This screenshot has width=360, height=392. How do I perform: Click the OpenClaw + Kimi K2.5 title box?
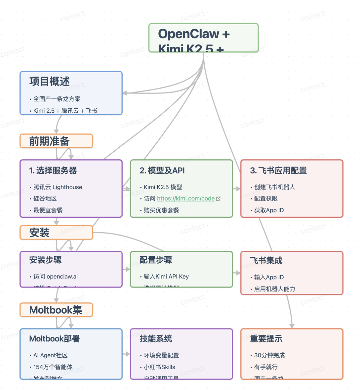pyautogui.click(x=203, y=38)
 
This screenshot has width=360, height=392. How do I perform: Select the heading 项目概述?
pyautogui.click(x=49, y=82)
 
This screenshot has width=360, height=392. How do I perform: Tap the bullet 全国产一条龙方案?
pyautogui.click(x=57, y=99)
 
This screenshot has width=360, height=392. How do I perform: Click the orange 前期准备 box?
pyautogui.click(x=56, y=141)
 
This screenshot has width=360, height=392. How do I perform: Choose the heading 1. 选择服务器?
pyautogui.click(x=53, y=170)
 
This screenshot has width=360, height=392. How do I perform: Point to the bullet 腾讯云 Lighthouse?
pyautogui.click(x=58, y=187)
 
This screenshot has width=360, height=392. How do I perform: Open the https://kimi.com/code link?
pyautogui.click(x=186, y=198)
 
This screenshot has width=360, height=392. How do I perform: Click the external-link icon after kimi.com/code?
pyautogui.click(x=218, y=199)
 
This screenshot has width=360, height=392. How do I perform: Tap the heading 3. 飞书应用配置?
pyautogui.click(x=278, y=170)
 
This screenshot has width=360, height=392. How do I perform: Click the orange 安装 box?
pyautogui.click(x=56, y=233)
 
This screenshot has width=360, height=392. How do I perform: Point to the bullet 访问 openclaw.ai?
pyautogui.click(x=55, y=277)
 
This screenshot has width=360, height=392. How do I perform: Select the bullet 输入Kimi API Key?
pyautogui.click(x=166, y=277)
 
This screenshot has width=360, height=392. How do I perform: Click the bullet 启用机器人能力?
pyautogui.click(x=275, y=289)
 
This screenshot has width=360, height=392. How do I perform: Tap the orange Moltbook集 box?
pyautogui.click(x=56, y=310)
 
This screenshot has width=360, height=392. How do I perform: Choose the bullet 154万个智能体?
pyautogui.click(x=53, y=367)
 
